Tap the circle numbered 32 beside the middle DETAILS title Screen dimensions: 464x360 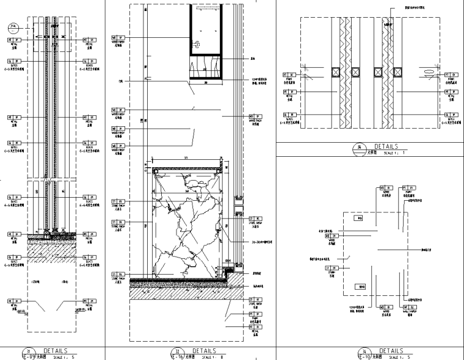[179, 351]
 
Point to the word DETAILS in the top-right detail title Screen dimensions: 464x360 [386, 147]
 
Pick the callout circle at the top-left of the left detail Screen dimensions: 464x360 [13, 27]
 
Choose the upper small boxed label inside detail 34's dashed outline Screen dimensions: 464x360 [360, 218]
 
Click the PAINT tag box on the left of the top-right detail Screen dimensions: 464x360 [288, 75]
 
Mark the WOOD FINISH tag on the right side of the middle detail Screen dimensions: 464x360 [254, 116]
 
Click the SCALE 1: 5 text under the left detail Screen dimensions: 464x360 [63, 356]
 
